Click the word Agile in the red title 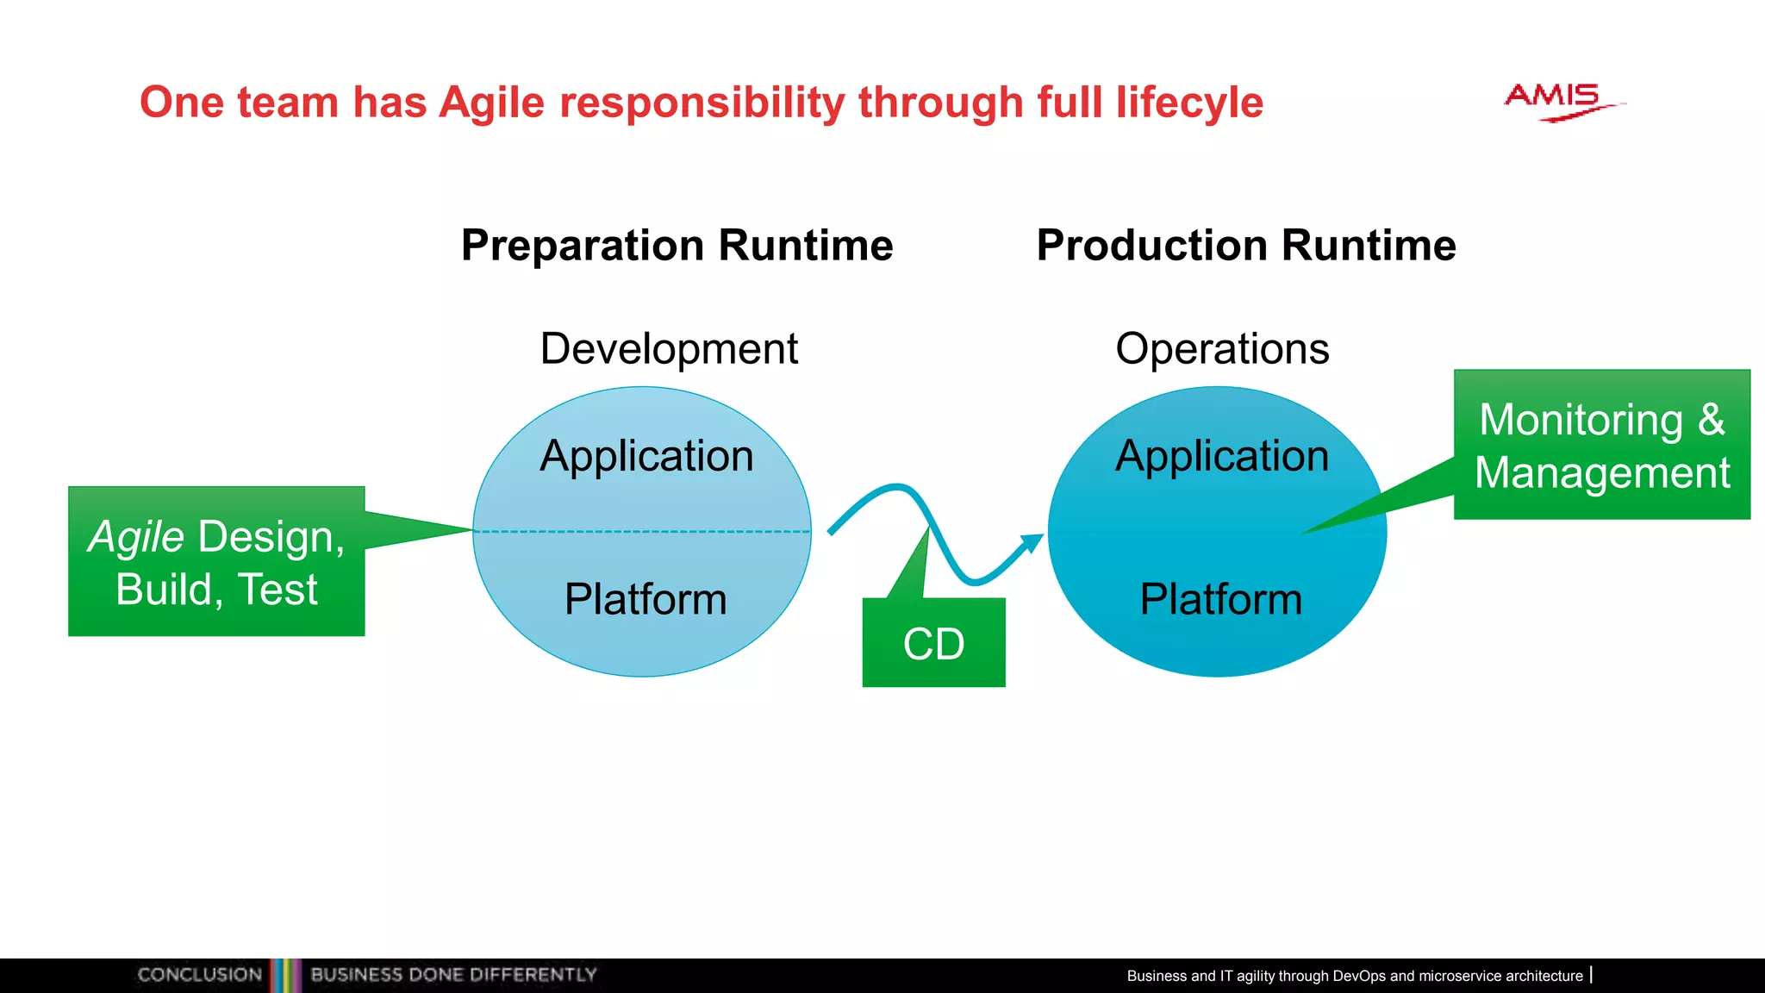coord(491,103)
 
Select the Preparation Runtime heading coord(677,246)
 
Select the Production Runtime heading coord(1245,246)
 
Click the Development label coord(669,349)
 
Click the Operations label coord(1221,349)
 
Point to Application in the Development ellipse coord(646,456)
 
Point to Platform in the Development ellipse coord(646,599)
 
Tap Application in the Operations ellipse coord(1221,456)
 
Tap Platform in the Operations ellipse coord(1220,599)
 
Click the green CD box coord(933,643)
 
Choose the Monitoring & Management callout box coord(1601,445)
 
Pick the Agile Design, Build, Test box coord(216,562)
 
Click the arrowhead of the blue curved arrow coord(1032,543)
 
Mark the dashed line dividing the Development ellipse coord(642,532)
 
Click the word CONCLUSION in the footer coord(199,975)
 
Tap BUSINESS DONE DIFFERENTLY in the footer coord(453,975)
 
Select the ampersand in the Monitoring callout coord(1711,421)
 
